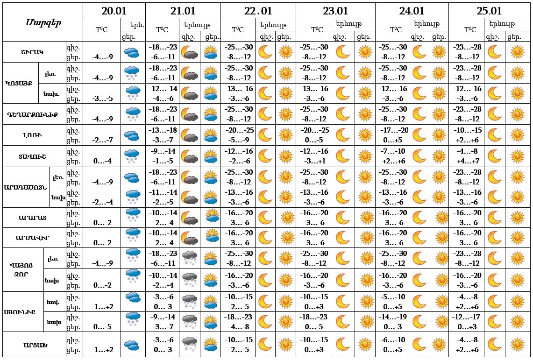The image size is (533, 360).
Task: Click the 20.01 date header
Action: pos(114,11)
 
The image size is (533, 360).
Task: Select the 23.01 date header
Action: pos(335,11)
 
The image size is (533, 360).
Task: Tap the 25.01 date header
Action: pos(489,11)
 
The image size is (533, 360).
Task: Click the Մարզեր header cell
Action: pos(43,22)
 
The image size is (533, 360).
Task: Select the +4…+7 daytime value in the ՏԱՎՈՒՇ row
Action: pos(468,161)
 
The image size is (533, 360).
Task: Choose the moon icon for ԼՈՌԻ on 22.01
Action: pos(265,135)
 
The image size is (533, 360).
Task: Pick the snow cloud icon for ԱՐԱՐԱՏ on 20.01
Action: pos(133,218)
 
